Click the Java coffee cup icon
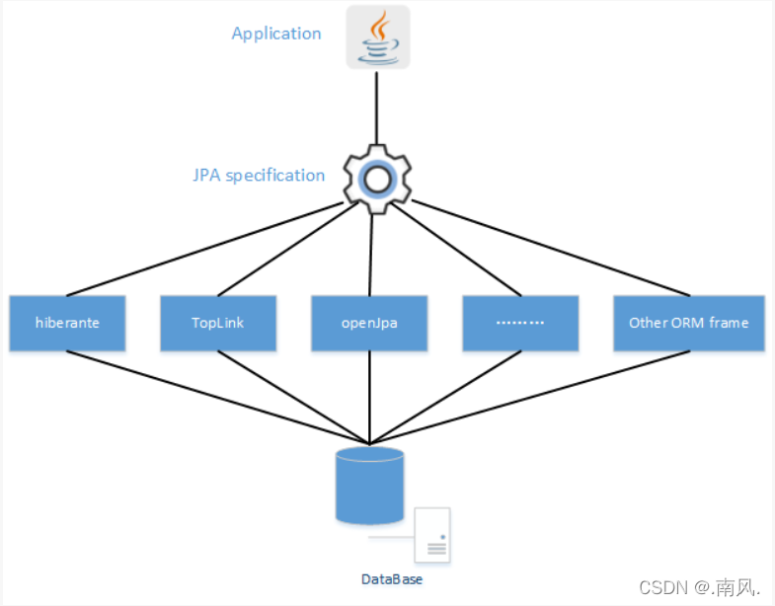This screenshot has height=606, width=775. point(377,38)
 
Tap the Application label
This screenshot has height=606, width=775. point(276,34)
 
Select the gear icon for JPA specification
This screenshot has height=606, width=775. point(376,179)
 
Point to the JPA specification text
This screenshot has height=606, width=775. point(259,176)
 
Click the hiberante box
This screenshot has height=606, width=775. point(67,323)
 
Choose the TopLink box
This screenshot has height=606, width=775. point(217,323)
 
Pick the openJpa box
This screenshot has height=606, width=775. point(369,323)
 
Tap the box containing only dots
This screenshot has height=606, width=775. point(520,323)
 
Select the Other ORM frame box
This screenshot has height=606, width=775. point(688,323)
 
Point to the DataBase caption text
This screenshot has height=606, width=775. point(391,579)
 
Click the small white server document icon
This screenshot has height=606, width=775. point(432,535)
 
